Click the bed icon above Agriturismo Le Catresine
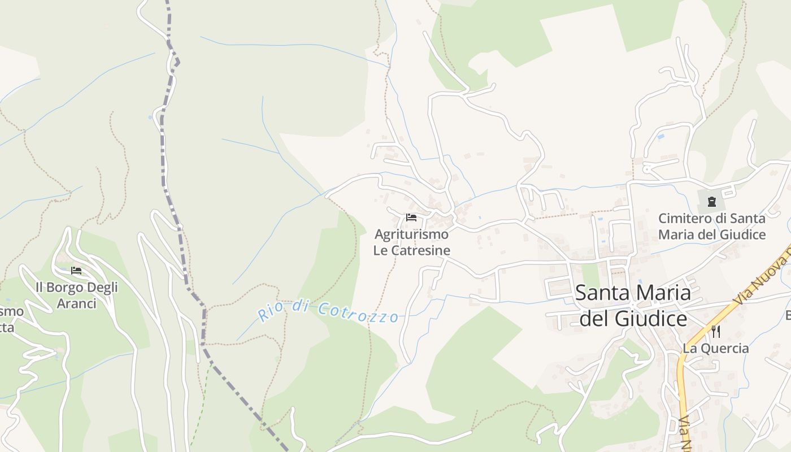coord(411,218)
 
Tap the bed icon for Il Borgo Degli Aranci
coord(76,271)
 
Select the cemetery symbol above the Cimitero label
coord(711,201)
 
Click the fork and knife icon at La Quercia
coord(716,331)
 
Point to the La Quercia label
coord(716,348)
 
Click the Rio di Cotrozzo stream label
coord(328,311)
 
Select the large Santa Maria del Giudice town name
coord(633,306)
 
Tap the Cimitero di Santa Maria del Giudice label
coord(712,226)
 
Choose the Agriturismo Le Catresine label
coord(412,242)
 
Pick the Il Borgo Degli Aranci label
coord(77,295)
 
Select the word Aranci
coord(77,303)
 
